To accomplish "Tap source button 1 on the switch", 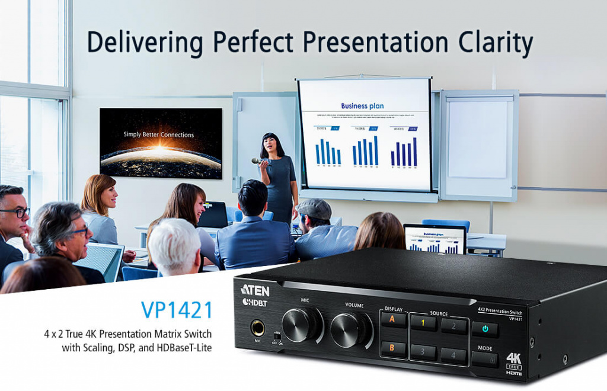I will coord(423,323).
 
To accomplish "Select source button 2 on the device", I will coord(453,325).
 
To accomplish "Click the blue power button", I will coord(485,329).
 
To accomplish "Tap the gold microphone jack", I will coord(258,328).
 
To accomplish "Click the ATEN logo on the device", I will coord(255,290).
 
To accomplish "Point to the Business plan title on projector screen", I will coord(362,106).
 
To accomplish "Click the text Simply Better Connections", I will coord(159,134).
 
